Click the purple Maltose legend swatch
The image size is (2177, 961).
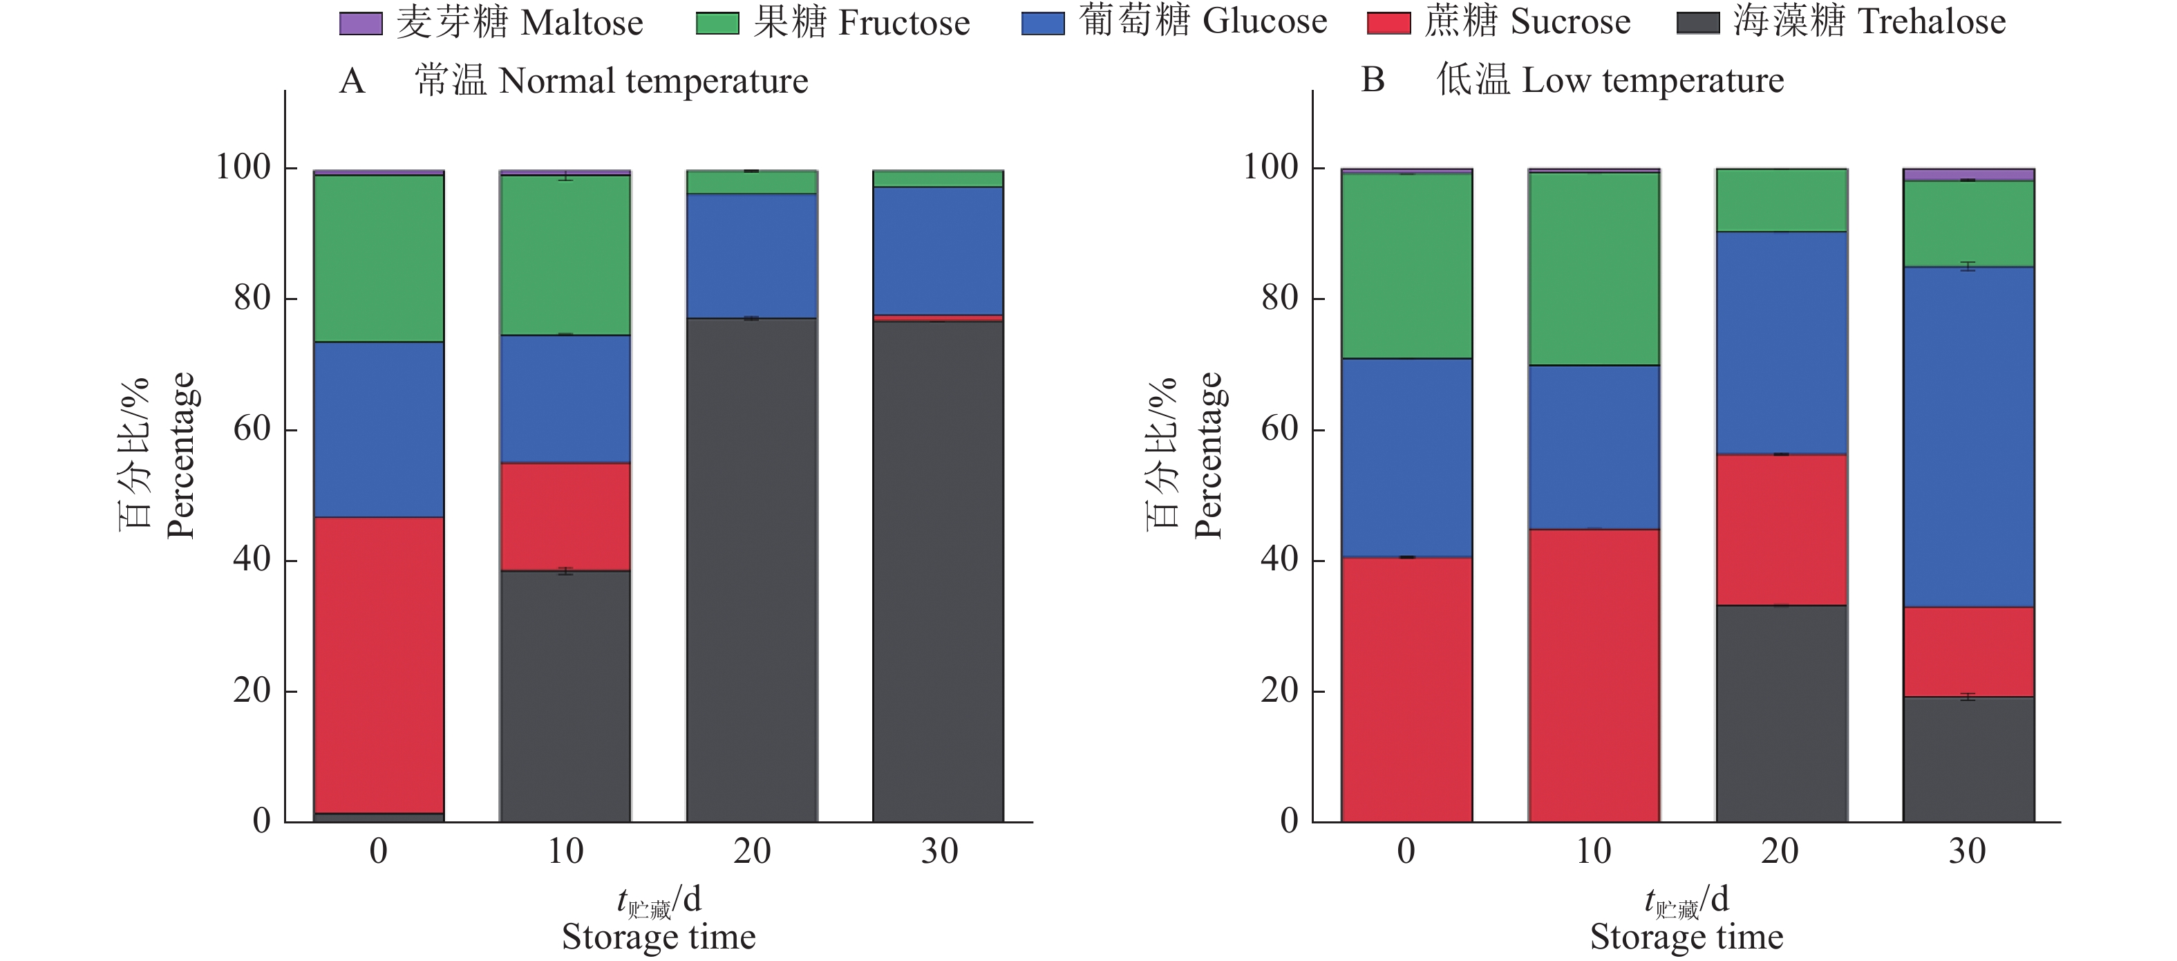coord(360,24)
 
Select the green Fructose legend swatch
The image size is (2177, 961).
coord(717,24)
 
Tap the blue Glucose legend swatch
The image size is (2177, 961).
coord(1042,24)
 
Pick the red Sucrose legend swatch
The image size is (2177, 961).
coord(1388,24)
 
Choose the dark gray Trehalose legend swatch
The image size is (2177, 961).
coord(1698,24)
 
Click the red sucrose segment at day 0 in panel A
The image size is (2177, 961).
coord(379,664)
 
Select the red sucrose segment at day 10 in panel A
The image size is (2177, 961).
coord(565,516)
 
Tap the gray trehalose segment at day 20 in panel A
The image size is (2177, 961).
coord(752,570)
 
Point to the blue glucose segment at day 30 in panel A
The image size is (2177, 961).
coord(938,250)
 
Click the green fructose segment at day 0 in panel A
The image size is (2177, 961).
coord(379,258)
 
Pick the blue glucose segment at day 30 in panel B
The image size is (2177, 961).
coord(1968,436)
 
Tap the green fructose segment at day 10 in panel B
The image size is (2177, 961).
coord(1594,268)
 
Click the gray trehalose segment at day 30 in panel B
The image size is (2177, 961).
coord(1968,758)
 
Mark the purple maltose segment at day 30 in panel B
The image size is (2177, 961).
coord(1968,175)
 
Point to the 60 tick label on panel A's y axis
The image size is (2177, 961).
coord(252,429)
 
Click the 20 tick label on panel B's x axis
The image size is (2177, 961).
coord(1780,851)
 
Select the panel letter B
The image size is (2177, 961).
coord(1373,80)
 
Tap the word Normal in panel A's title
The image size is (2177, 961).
coord(557,81)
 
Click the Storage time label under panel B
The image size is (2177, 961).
coord(1686,937)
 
